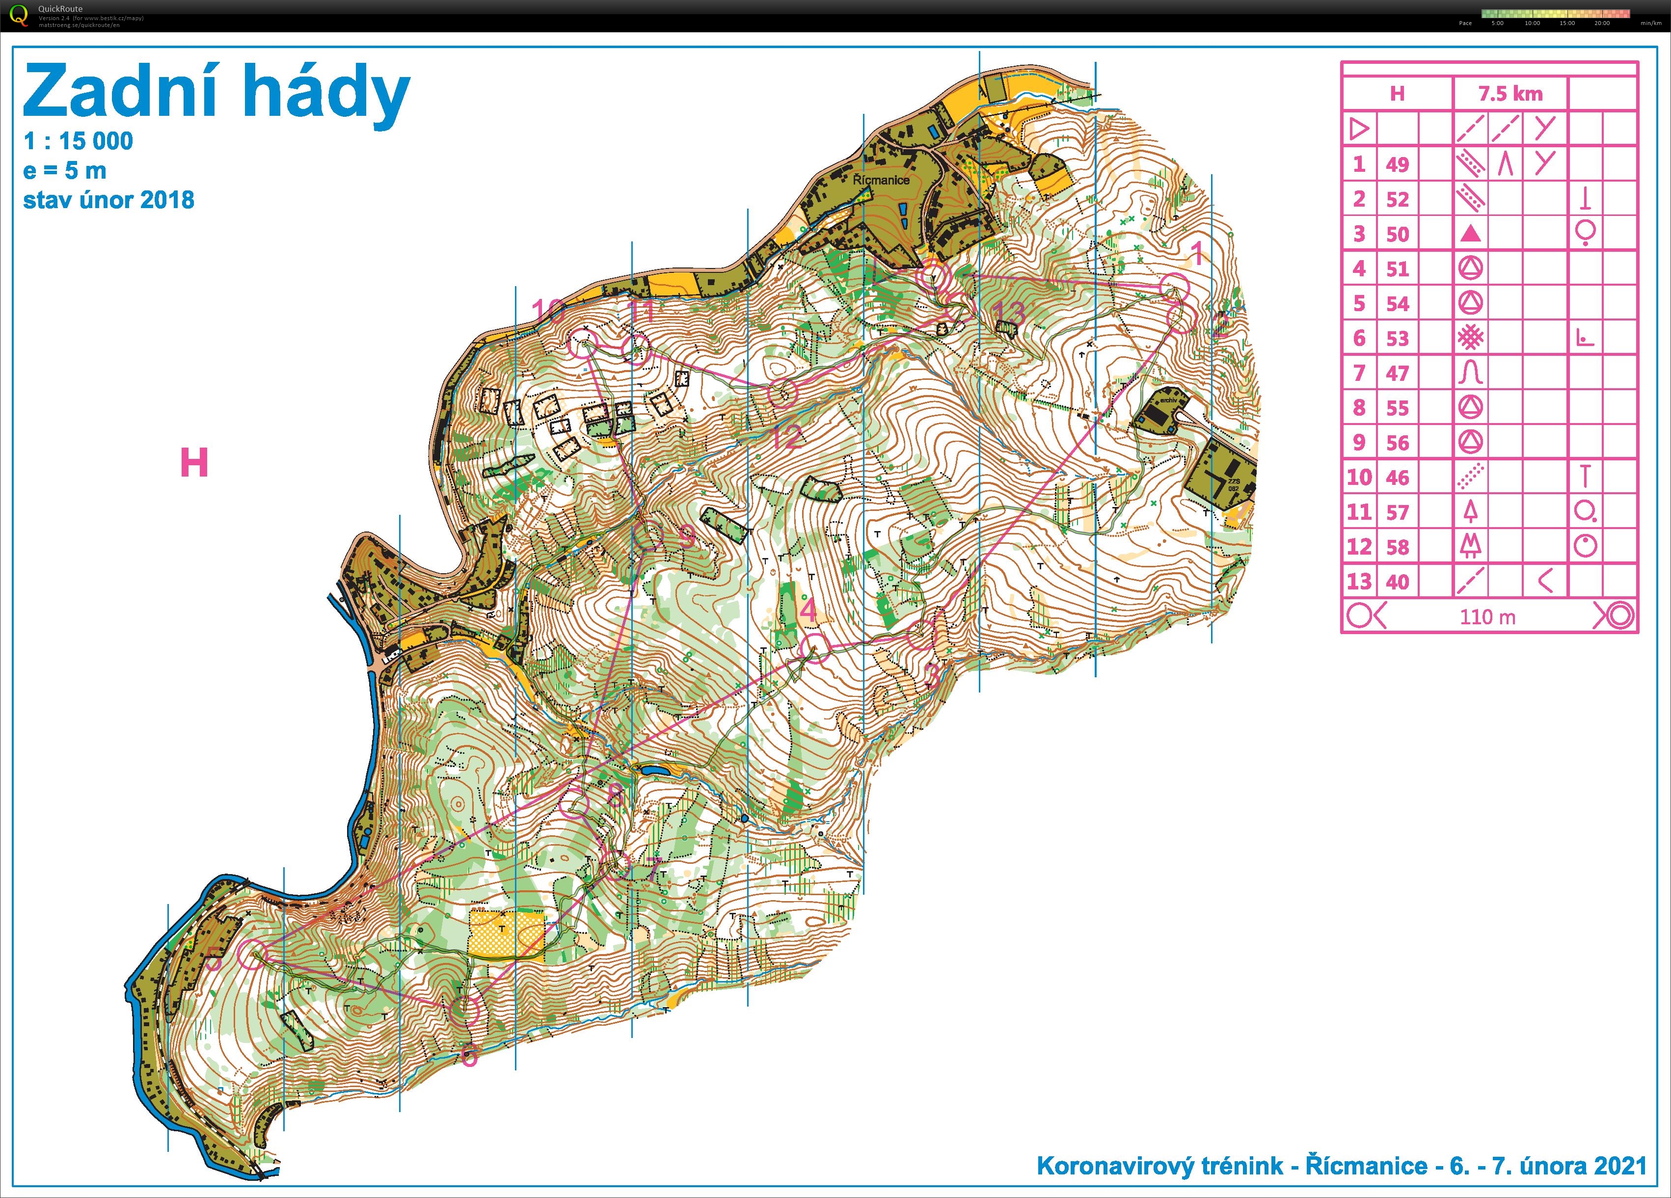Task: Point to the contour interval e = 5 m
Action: coord(65,171)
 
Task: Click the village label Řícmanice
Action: coord(881,180)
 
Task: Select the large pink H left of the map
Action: coord(194,463)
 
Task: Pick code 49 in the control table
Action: coord(1397,164)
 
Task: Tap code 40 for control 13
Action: coord(1397,582)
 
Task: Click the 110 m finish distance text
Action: coord(1487,617)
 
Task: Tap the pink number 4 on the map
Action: coord(808,610)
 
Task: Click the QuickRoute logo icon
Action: coord(21,15)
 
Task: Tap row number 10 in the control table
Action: coord(1359,478)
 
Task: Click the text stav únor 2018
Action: coord(108,200)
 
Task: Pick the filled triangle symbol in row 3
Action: coord(1471,234)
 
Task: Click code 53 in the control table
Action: coord(1397,339)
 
